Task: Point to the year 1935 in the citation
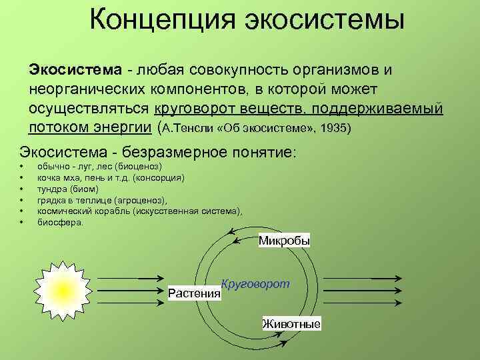[333, 127]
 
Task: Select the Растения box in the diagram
[194, 293]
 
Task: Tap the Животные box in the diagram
[291, 324]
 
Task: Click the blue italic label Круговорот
[255, 283]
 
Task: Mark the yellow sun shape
[61, 287]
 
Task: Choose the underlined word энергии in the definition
[122, 127]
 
